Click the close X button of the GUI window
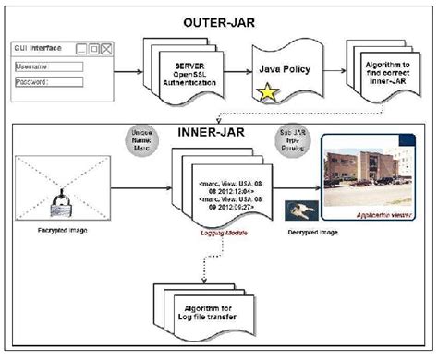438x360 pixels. coord(105,48)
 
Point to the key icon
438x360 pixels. coord(302,210)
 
